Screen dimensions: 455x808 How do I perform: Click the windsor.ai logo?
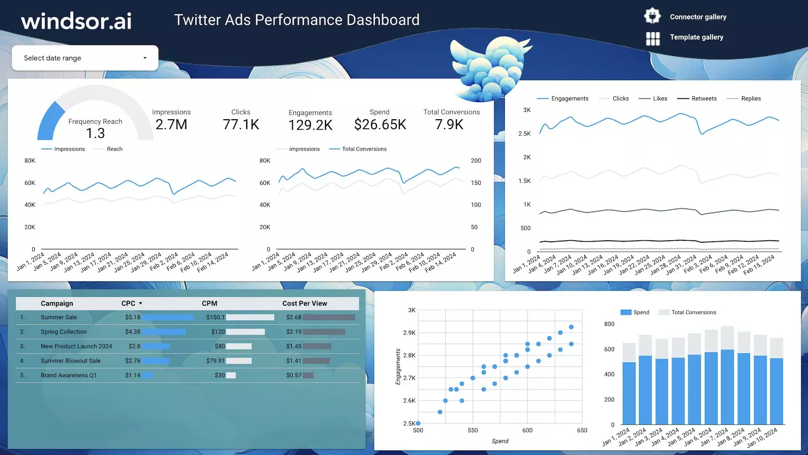point(76,21)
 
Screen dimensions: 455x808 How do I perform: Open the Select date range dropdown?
point(85,58)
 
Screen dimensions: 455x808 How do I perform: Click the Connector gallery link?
point(698,17)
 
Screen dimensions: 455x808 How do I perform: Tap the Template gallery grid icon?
point(653,38)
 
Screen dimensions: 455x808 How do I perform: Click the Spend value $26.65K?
point(380,124)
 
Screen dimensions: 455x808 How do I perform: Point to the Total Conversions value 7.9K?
point(449,124)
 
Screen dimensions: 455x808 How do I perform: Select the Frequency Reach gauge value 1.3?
point(95,133)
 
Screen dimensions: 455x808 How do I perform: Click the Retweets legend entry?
point(703,98)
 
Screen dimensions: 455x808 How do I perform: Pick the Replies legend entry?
point(750,98)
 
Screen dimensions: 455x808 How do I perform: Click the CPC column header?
point(128,303)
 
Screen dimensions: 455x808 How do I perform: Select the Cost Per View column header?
point(304,303)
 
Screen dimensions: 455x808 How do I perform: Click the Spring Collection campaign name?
point(64,332)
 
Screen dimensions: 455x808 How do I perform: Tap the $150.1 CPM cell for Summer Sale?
point(215,317)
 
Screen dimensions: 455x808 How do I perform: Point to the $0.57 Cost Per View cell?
point(293,375)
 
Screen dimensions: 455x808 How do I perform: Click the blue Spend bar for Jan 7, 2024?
point(727,387)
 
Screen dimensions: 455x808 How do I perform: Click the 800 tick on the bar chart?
point(609,324)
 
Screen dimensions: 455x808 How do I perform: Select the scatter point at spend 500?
point(418,423)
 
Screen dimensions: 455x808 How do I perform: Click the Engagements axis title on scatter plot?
point(398,367)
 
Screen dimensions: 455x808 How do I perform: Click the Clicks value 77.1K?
point(240,124)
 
